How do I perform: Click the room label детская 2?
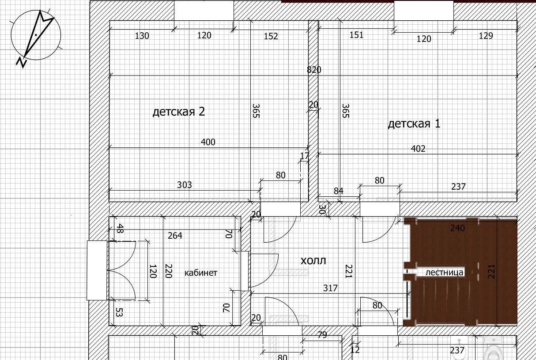point(179,112)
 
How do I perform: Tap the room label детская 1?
point(414,124)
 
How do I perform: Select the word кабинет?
point(201,273)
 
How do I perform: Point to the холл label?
point(313,261)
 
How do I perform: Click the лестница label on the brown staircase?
point(444,272)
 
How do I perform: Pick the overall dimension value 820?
point(314,70)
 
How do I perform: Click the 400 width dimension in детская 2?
point(208,142)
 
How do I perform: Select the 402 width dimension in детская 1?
point(418,149)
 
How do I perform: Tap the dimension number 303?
point(184,185)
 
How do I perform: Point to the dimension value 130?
point(142,36)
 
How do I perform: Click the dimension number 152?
point(271,36)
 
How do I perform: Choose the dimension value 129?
point(486,36)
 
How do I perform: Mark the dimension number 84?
point(338,191)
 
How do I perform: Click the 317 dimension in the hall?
point(330,288)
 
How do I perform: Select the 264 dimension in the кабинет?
point(175,236)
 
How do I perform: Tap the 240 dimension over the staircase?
point(457,228)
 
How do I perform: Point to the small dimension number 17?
point(305,156)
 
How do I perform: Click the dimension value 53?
point(119,312)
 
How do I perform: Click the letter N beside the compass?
point(22,63)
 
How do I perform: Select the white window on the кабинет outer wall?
point(97,270)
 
